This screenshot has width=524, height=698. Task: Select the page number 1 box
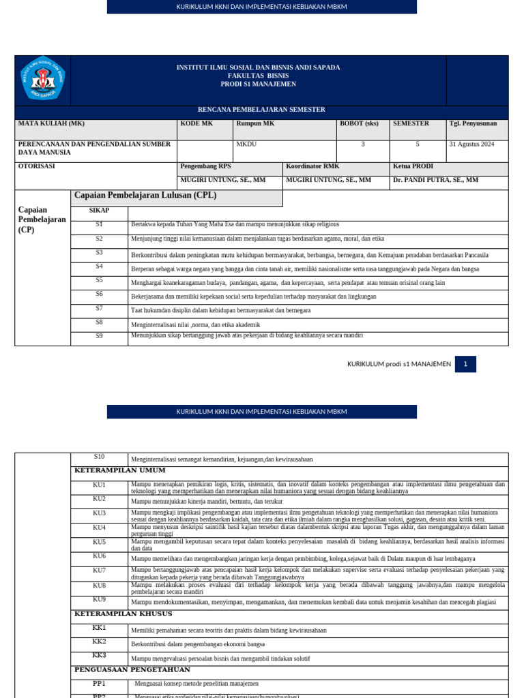click(465, 364)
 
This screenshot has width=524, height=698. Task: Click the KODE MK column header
click(196, 123)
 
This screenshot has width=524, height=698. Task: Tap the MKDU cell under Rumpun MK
click(246, 145)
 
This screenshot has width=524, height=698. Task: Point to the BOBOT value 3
click(363, 145)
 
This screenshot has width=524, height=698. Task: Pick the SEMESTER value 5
click(418, 145)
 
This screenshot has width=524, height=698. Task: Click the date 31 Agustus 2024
click(472, 145)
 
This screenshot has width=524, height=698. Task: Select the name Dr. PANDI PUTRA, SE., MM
click(435, 180)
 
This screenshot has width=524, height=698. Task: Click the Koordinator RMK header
click(312, 166)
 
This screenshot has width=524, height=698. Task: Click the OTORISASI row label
click(37, 166)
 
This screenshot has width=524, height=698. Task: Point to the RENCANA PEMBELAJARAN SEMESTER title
click(261, 110)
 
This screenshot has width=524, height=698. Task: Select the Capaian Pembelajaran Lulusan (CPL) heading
click(145, 196)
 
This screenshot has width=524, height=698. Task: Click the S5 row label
click(99, 280)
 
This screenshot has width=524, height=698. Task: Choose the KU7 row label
click(100, 570)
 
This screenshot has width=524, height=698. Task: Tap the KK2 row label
click(100, 641)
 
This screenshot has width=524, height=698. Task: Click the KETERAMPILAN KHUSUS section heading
click(122, 613)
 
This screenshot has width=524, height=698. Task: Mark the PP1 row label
click(100, 683)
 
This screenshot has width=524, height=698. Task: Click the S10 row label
click(100, 457)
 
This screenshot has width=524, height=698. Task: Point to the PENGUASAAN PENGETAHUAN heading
click(128, 669)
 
